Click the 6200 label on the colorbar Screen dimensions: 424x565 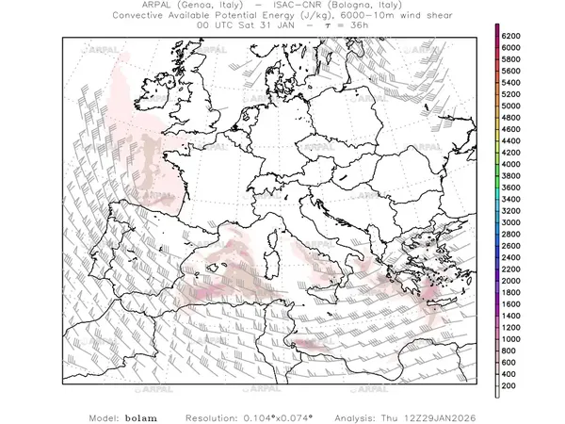pos(511,35)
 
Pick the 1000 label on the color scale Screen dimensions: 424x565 pos(511,338)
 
